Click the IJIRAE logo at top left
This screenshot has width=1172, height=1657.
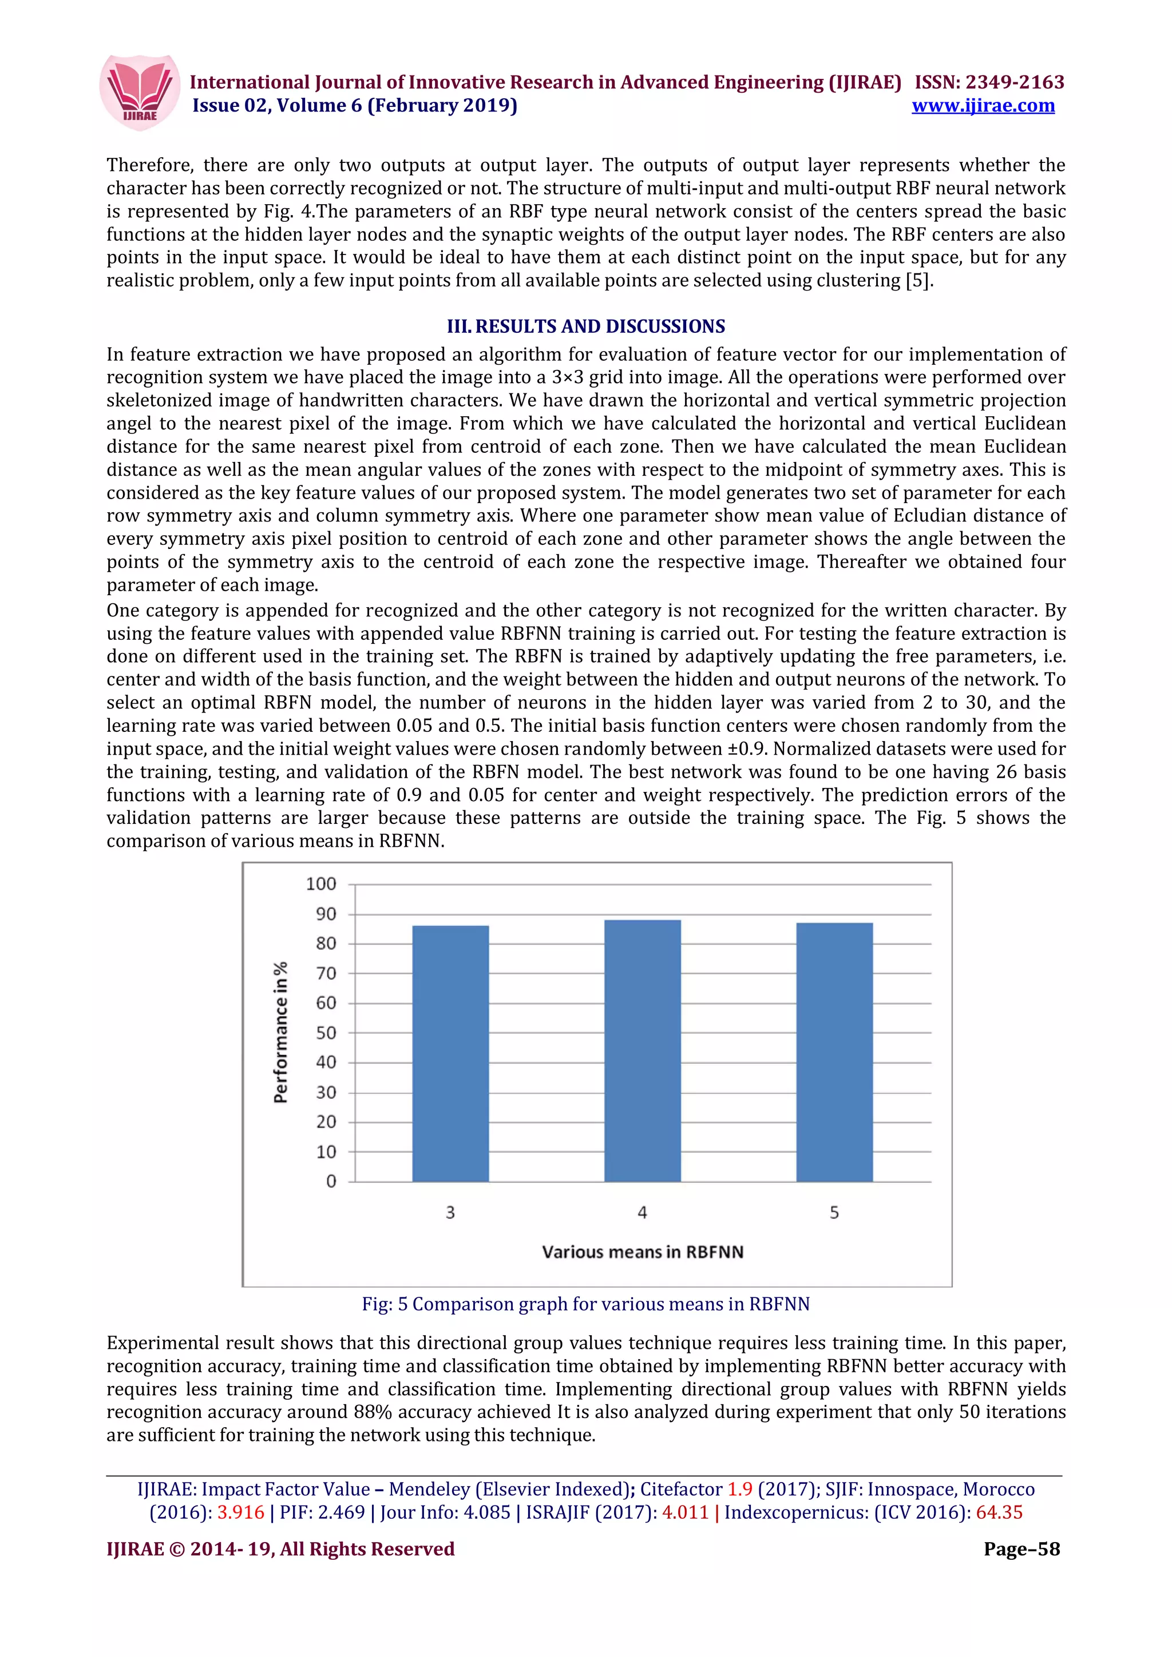140,93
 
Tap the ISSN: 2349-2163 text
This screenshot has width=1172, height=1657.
989,82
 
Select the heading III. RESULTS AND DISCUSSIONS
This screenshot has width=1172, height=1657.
585,326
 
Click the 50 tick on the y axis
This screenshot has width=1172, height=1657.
326,1033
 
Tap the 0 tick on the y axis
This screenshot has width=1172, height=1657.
331,1181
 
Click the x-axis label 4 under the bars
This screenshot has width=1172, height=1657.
642,1212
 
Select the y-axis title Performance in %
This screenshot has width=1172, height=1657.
281,1032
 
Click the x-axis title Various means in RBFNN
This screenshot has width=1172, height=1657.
643,1252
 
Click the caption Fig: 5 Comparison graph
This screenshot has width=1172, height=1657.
585,1304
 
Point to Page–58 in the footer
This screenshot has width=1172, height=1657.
1021,1549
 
